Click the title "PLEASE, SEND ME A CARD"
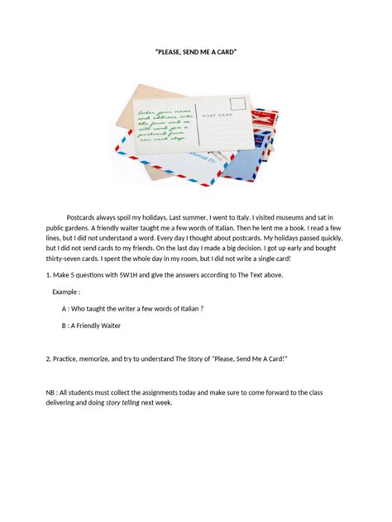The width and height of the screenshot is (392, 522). coord(195,52)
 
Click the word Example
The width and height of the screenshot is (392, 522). coord(66,292)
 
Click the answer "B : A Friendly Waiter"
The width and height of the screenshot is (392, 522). coord(91,326)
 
